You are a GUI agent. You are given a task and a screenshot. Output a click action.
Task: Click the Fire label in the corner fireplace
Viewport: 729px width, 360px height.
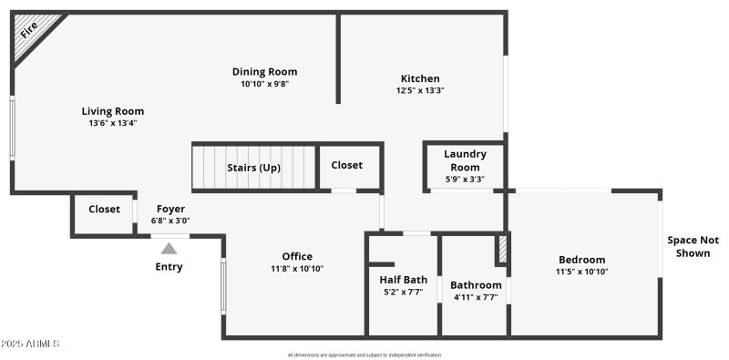pyautogui.click(x=30, y=29)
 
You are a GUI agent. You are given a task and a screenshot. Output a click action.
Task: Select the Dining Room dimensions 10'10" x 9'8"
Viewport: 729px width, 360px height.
pyautogui.click(x=264, y=84)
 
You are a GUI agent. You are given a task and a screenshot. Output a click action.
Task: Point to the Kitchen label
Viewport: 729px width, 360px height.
pyautogui.click(x=420, y=78)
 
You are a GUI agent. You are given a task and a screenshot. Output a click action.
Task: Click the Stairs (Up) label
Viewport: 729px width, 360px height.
pyautogui.click(x=253, y=168)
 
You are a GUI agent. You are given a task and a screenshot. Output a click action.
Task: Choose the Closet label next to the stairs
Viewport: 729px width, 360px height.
pyautogui.click(x=346, y=165)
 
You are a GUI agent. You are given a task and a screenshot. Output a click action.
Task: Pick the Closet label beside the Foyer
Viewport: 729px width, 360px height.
pyautogui.click(x=104, y=209)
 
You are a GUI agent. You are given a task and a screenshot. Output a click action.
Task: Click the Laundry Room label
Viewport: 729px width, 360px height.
pyautogui.click(x=465, y=160)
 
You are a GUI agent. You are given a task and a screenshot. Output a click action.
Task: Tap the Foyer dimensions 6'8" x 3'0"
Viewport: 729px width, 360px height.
pyautogui.click(x=170, y=221)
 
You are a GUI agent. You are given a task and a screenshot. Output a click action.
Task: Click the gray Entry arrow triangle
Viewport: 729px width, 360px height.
pyautogui.click(x=169, y=248)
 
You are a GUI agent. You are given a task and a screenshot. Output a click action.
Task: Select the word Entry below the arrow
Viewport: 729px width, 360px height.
pyautogui.click(x=169, y=267)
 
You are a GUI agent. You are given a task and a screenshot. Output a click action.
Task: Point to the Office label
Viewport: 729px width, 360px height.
pyautogui.click(x=297, y=256)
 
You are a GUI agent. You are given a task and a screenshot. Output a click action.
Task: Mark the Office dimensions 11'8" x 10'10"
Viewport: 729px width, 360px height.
pyautogui.click(x=297, y=269)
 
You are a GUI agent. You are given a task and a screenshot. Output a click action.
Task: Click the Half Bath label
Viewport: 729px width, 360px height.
pyautogui.click(x=403, y=280)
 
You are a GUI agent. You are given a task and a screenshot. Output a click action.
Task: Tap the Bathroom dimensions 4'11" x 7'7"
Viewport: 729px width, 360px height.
pyautogui.click(x=476, y=297)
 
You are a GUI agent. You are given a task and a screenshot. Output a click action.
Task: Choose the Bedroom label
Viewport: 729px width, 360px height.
pyautogui.click(x=581, y=260)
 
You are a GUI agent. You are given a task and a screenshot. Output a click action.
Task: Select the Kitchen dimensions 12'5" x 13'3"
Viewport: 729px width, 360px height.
pyautogui.click(x=420, y=90)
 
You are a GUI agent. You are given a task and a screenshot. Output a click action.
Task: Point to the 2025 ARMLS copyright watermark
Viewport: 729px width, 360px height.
pyautogui.click(x=31, y=344)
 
